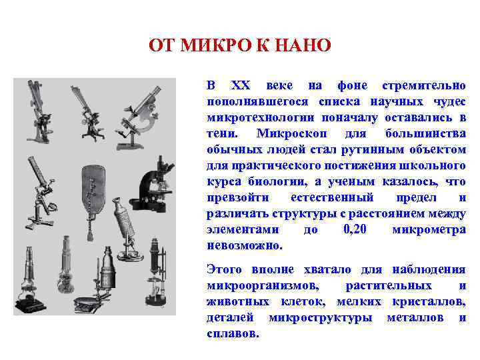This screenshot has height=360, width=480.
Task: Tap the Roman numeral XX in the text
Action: pyautogui.click(x=239, y=86)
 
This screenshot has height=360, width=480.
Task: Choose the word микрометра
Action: pyautogui.click(x=429, y=229)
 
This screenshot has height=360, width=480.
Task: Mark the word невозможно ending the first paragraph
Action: pyautogui.click(x=245, y=245)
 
